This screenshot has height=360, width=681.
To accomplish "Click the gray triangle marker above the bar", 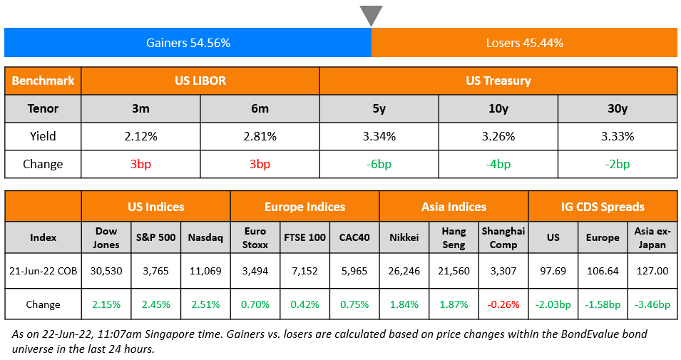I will pos(371,15).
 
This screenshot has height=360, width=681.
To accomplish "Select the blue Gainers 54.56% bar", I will pos(188,43).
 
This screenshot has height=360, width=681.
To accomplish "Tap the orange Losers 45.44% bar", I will pos(524,43).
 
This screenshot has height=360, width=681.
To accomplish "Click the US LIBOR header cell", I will pos(200,81).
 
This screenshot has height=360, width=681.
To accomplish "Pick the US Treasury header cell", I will pos(498,81).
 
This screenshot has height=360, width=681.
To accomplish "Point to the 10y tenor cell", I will pos(498,108).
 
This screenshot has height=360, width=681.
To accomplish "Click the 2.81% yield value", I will pos(260,136).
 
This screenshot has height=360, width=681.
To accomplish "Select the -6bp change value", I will pos(379,164).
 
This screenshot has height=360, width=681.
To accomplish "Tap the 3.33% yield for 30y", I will pos(617,136).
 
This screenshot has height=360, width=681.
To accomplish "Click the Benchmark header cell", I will pos(43,81).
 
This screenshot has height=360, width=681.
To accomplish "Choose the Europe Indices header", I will pos(304,207).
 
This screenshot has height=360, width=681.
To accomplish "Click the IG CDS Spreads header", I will pos(603,207).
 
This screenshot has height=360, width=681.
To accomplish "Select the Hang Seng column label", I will pos(454,237).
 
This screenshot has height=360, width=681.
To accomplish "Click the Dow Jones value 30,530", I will pos(106,271).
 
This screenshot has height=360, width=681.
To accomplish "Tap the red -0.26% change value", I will pos(503,304).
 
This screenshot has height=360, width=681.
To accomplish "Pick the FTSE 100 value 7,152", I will pos(304,271).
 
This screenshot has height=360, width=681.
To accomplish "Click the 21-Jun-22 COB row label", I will pos(43,271).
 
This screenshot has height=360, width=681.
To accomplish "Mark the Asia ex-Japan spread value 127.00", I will pos(652,271).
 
